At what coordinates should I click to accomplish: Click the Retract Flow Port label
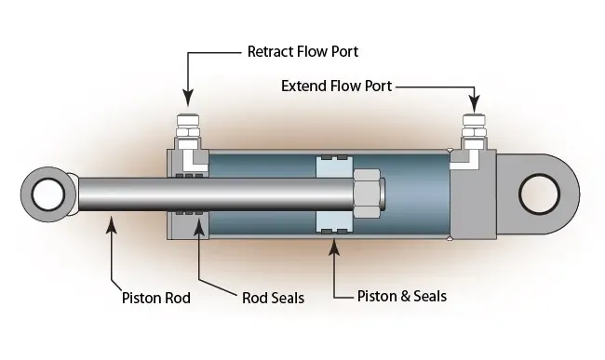(302, 51)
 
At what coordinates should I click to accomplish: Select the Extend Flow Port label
(336, 86)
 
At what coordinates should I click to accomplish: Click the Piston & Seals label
(402, 296)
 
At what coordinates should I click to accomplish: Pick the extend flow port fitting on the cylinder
(474, 130)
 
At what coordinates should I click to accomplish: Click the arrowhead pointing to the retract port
(186, 98)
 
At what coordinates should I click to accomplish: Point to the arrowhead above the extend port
(474, 100)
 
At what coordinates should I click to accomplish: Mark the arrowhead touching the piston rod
(112, 221)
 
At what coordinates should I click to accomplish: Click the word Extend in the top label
(302, 86)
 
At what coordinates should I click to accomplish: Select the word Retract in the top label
(269, 51)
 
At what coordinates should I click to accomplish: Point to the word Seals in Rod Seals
(285, 299)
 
